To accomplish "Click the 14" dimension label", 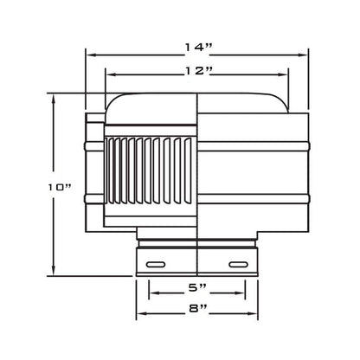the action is click(x=198, y=48).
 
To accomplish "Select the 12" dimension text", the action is click(x=198, y=71).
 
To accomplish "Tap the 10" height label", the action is click(x=60, y=188).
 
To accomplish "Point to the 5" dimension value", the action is click(x=197, y=287).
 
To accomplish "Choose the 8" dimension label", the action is click(x=198, y=308).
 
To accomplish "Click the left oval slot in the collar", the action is click(x=156, y=264).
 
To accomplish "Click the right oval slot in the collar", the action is click(x=238, y=264).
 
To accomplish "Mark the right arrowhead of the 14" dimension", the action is click(x=302, y=55).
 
